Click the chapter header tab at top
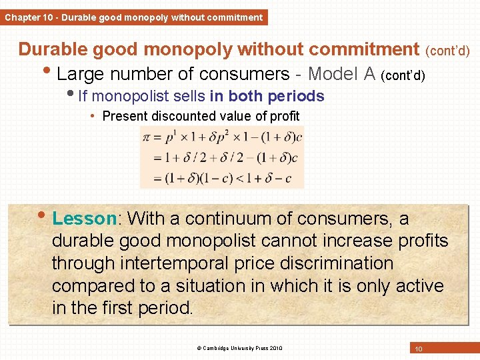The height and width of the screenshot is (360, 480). click(133, 17)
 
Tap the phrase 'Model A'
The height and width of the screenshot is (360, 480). click(343, 73)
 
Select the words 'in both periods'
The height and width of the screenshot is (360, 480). click(275, 97)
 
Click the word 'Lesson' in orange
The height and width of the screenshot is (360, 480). click(84, 219)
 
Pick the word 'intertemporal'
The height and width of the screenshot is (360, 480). click(190, 263)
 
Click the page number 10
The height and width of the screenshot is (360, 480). click(419, 349)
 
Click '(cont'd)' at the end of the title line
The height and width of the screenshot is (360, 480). click(447, 51)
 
